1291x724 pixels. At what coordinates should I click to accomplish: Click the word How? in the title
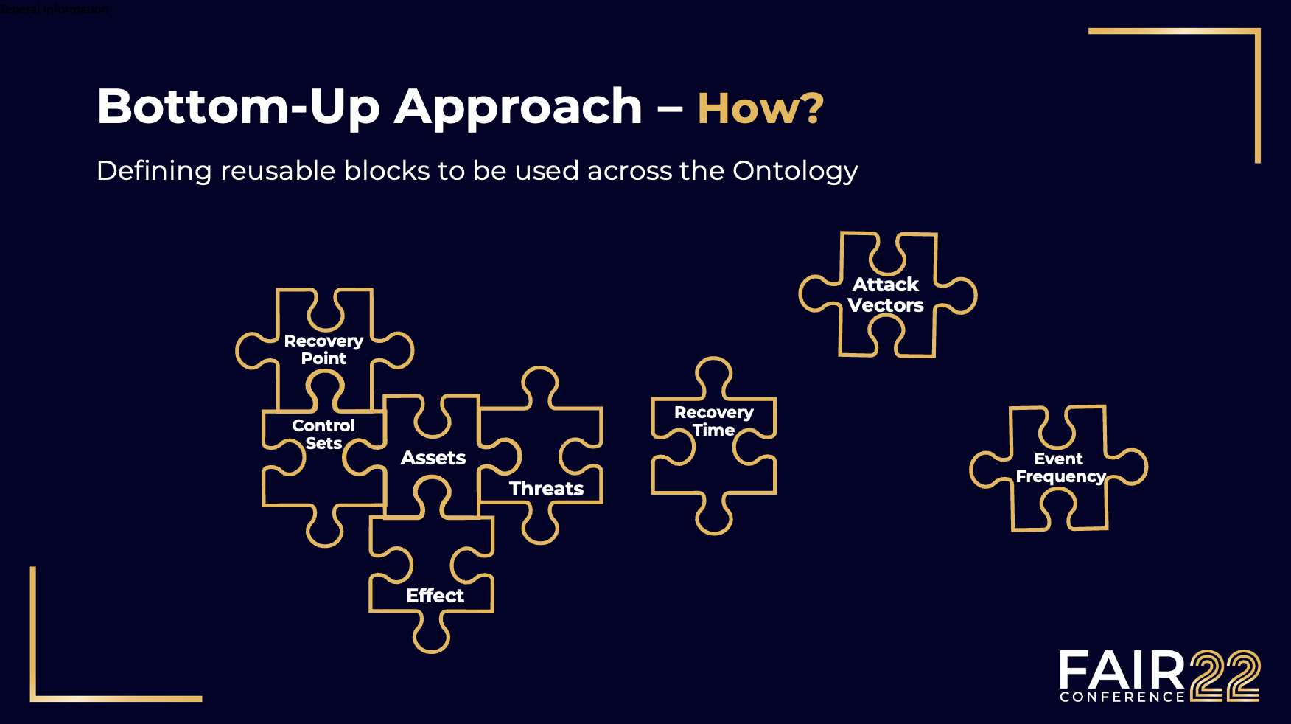(x=760, y=109)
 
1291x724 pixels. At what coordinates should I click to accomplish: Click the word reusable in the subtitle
(x=277, y=170)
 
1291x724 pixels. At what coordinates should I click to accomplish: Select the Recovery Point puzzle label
(x=323, y=349)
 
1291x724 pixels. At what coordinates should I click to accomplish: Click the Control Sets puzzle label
(x=323, y=434)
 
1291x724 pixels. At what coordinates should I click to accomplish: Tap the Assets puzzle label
(x=433, y=458)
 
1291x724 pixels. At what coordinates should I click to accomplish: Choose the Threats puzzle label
(x=546, y=488)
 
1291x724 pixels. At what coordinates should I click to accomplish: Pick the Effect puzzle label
(x=435, y=596)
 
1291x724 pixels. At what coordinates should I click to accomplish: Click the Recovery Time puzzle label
(x=713, y=421)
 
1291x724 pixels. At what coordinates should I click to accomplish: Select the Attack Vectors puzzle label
(x=886, y=295)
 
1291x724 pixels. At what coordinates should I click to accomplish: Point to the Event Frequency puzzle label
(x=1060, y=467)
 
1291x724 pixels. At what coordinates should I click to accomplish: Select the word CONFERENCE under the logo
(x=1122, y=697)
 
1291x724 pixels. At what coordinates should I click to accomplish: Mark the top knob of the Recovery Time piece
(x=713, y=375)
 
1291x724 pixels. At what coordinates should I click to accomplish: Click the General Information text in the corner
(x=55, y=9)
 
